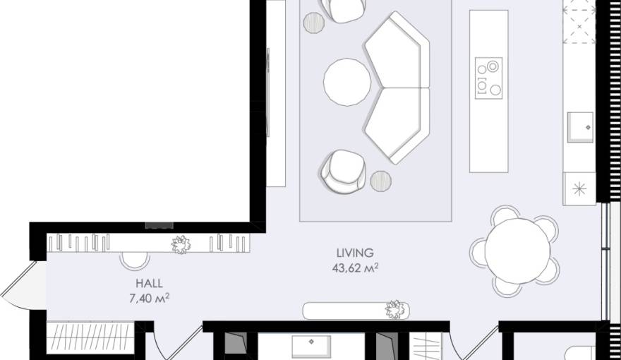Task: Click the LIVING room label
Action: pos(354,253)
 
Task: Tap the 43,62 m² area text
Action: pos(355,268)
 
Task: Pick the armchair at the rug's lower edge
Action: pos(343,170)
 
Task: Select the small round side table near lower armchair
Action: pos(381,181)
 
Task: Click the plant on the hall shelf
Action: pos(181,244)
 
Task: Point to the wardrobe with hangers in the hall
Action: pos(89,337)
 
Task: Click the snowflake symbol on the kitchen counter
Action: pos(579,188)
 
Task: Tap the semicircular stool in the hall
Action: pos(134,260)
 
